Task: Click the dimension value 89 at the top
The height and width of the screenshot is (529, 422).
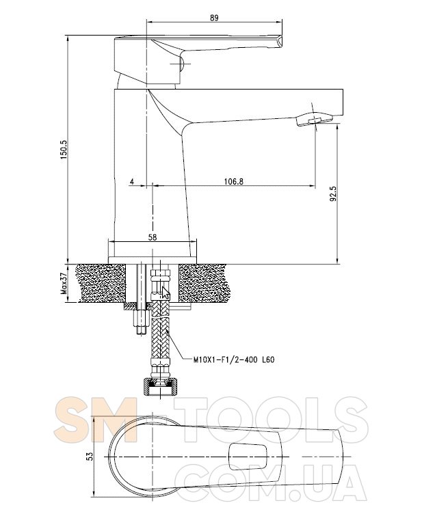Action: [x=214, y=18]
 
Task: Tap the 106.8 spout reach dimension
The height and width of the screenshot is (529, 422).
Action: [x=234, y=182]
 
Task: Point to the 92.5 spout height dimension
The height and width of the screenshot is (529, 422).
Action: [x=333, y=194]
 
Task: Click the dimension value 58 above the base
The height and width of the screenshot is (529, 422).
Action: [x=153, y=237]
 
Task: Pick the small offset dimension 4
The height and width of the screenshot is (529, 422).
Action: [x=132, y=182]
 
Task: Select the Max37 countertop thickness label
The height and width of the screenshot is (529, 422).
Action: [x=64, y=284]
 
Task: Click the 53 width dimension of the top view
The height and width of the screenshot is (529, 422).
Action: [x=90, y=456]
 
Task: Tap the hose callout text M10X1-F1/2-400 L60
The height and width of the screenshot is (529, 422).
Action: [x=234, y=360]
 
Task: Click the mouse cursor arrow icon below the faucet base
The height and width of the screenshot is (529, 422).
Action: [x=166, y=293]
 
